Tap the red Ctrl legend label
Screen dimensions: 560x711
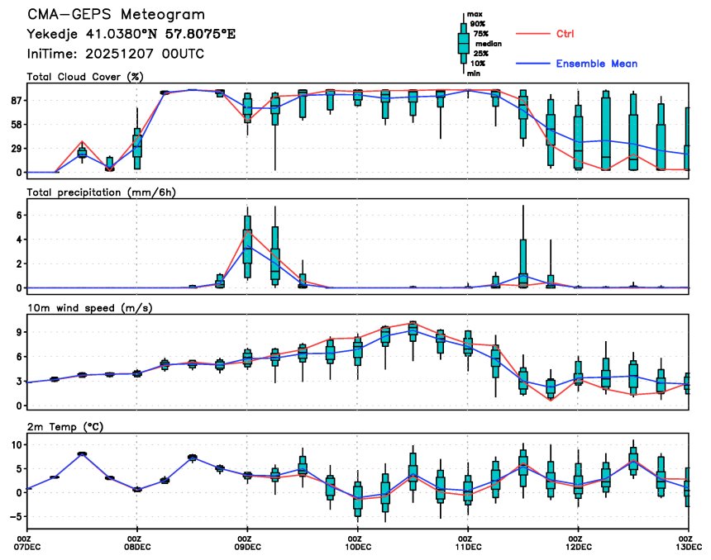pyautogui.click(x=564, y=34)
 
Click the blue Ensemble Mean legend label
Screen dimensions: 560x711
pyautogui.click(x=596, y=64)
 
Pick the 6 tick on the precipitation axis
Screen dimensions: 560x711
pyautogui.click(x=18, y=215)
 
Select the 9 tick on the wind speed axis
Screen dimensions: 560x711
pyautogui.click(x=18, y=331)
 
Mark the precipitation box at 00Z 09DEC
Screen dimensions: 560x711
pyautogui.click(x=247, y=240)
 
